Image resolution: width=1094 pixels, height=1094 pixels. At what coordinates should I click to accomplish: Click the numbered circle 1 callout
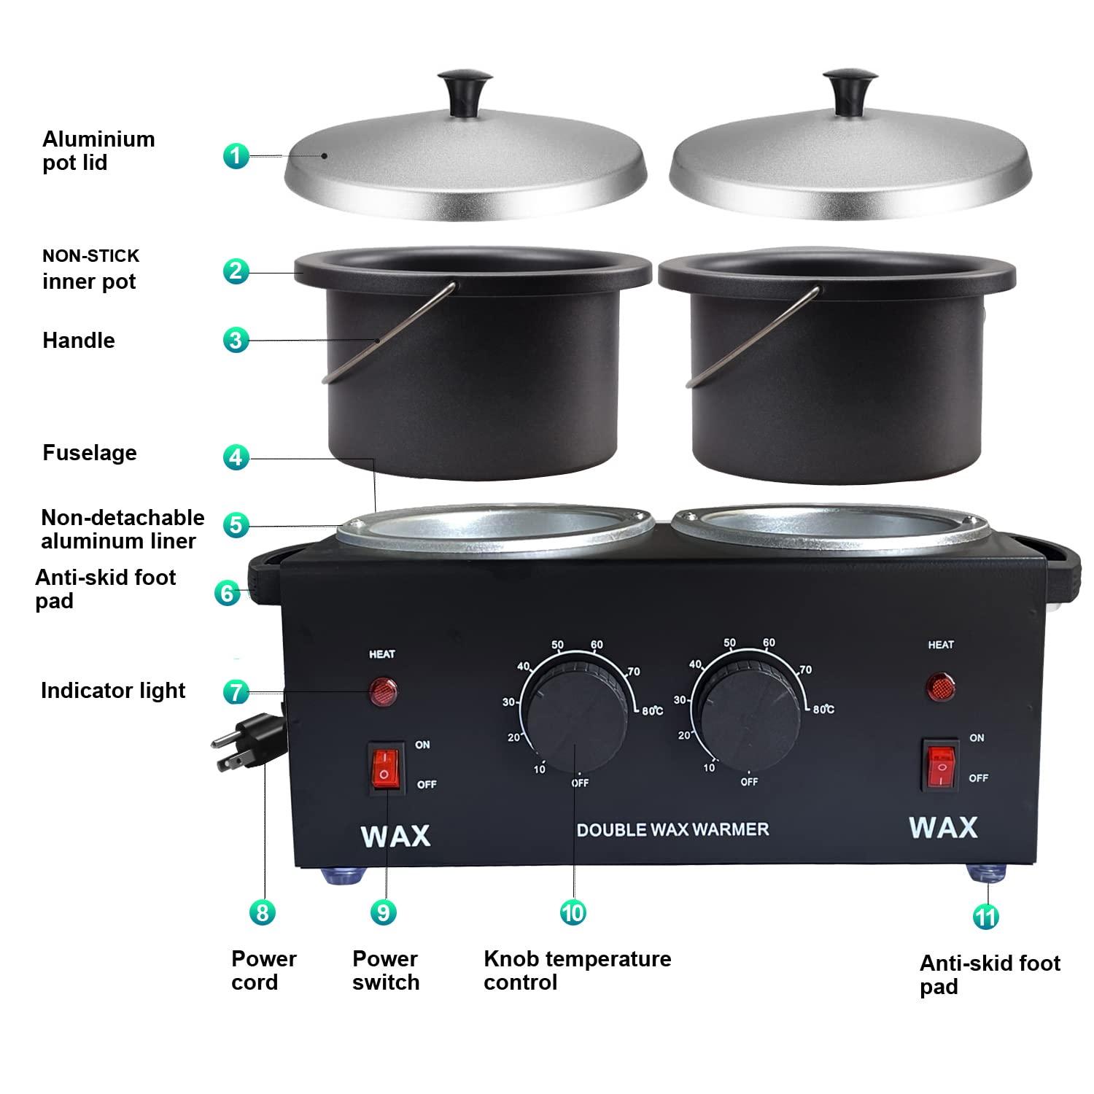pyautogui.click(x=236, y=155)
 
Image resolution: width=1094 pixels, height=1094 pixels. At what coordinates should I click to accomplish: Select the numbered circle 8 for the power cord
pyautogui.click(x=263, y=912)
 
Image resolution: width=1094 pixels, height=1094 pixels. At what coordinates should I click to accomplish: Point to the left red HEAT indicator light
pyautogui.click(x=382, y=691)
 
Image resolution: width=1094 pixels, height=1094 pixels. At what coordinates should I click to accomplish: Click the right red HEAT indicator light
pyautogui.click(x=941, y=686)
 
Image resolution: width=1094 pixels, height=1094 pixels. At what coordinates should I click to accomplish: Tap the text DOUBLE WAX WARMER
pyautogui.click(x=672, y=829)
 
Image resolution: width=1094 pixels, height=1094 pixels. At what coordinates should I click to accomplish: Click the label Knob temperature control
pyautogui.click(x=576, y=970)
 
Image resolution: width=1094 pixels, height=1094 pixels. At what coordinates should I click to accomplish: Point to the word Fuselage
pyautogui.click(x=90, y=453)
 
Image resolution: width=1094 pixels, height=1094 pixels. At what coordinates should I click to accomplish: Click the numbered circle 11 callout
pyautogui.click(x=986, y=916)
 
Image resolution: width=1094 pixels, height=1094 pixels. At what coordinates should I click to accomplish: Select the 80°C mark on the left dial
pyautogui.click(x=652, y=711)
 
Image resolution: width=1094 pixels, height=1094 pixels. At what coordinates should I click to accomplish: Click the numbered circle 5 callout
pyautogui.click(x=236, y=524)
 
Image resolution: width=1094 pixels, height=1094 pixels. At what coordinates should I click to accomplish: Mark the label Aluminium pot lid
pyautogui.click(x=98, y=150)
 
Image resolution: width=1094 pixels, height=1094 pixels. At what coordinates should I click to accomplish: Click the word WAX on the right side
pyautogui.click(x=943, y=827)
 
